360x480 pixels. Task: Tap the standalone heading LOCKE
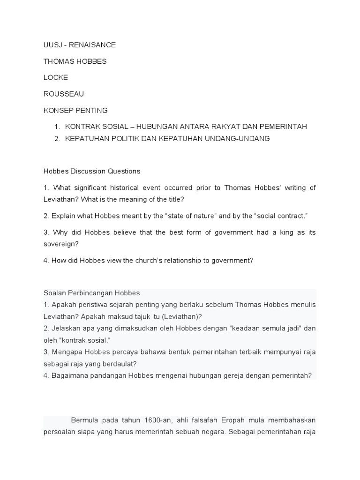click(55, 78)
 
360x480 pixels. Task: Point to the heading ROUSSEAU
click(64, 94)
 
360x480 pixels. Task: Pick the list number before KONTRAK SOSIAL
click(57, 127)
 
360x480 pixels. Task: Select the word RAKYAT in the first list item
click(213, 127)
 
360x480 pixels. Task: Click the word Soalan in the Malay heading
click(54, 293)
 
